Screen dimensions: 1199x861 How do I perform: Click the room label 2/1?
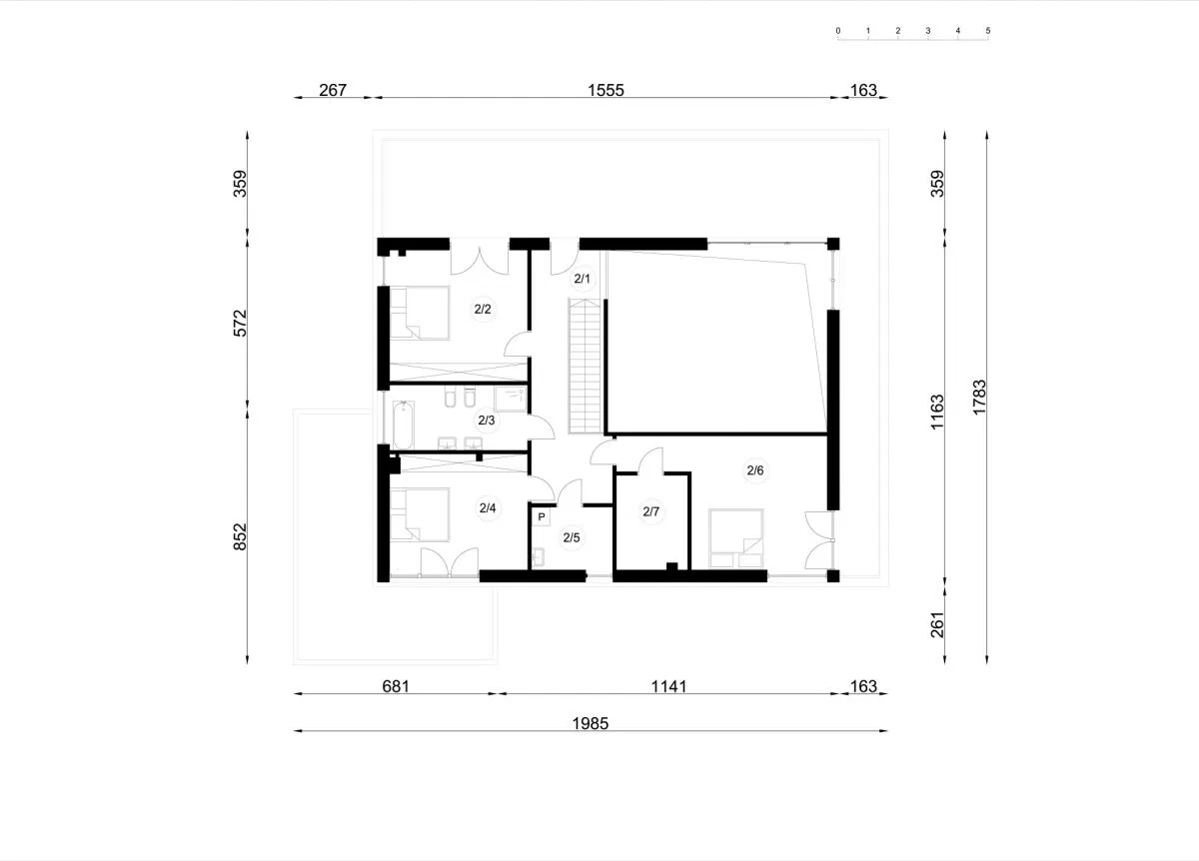[582, 279]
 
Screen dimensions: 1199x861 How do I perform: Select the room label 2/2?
[483, 309]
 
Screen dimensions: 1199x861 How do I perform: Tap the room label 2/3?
[486, 421]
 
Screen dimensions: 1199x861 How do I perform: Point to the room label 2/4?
[488, 507]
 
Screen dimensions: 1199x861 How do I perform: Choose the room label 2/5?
[572, 537]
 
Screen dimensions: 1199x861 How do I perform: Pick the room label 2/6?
[755, 470]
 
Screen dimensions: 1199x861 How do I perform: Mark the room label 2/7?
[650, 511]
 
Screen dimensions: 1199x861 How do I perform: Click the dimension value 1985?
[591, 723]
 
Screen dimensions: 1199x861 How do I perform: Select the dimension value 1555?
[605, 90]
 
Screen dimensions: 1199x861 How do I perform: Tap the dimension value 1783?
[979, 398]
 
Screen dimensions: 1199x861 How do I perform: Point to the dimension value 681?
[396, 686]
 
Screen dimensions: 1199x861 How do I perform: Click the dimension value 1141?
[668, 686]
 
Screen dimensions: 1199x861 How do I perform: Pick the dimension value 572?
[241, 324]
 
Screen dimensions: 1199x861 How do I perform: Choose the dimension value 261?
[937, 624]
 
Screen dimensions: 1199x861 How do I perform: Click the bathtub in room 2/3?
[403, 425]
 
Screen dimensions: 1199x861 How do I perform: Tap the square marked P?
[542, 517]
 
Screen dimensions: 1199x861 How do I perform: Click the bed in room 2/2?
[419, 313]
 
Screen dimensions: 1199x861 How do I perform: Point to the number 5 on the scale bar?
[987, 31]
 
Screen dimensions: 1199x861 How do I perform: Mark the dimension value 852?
[241, 536]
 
